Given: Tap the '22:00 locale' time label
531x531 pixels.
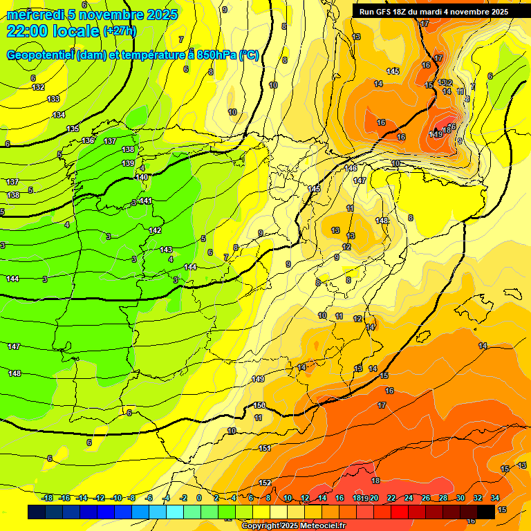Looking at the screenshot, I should click(53, 30).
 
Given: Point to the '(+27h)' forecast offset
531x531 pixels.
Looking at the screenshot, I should click(120, 31).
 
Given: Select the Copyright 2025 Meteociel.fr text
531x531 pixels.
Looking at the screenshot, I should click(294, 526).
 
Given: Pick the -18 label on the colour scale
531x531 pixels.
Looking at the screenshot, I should click(48, 498).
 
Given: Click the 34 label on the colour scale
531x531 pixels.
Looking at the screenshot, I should click(495, 498).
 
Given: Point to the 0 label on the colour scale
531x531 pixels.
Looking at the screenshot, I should click(199, 498).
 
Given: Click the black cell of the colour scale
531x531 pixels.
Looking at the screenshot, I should click(486, 512).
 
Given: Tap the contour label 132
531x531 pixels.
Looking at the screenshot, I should click(39, 88).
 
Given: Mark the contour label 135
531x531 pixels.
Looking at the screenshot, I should click(73, 129).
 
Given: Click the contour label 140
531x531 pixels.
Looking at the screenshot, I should click(142, 178).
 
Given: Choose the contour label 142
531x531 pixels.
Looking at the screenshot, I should click(155, 231).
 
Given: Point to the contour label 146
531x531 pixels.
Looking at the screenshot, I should click(351, 169).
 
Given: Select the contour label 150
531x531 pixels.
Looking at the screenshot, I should click(259, 406).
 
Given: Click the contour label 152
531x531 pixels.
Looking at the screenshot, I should click(265, 483).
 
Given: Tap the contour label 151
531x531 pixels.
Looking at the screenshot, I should click(264, 449).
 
